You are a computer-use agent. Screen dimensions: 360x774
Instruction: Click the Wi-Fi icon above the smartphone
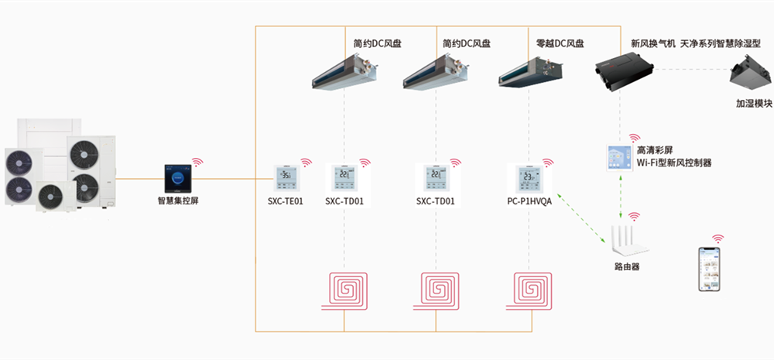[718, 239]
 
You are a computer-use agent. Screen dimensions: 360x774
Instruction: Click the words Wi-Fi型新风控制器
[673, 163]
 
